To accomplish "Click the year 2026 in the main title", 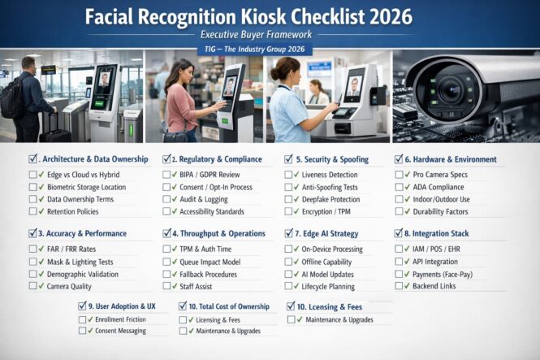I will pyautogui.click(x=383, y=16).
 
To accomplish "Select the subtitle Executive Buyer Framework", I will pyautogui.click(x=270, y=36).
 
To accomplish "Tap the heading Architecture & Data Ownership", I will pyautogui.click(x=94, y=159).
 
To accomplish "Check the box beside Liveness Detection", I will pyautogui.click(x=289, y=175).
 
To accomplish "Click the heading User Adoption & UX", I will pyautogui.click(x=123, y=306).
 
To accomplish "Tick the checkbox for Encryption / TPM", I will pyautogui.click(x=289, y=211).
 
